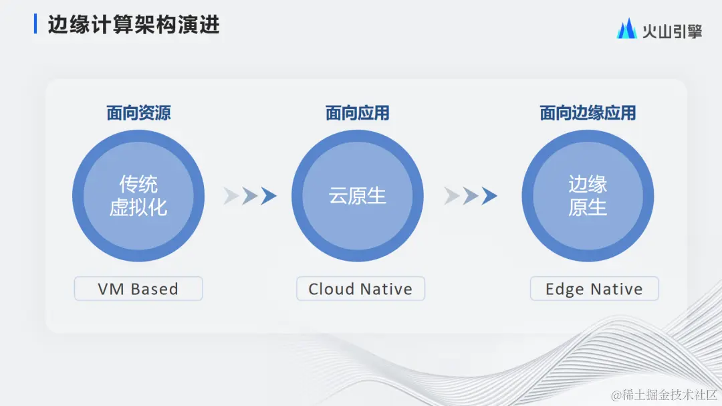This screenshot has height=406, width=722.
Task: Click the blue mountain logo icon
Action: coord(626,28)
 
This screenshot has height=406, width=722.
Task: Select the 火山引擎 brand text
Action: coord(672,30)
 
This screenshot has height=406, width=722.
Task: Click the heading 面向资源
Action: coord(138,113)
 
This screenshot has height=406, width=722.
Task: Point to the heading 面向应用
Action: coord(358,113)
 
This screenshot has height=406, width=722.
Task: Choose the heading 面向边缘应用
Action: coord(588,113)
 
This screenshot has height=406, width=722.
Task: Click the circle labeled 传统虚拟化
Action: coord(138,196)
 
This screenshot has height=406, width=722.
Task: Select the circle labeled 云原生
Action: coord(358,196)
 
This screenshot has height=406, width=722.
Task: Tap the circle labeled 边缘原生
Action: coord(588,196)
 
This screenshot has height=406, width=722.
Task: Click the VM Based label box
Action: coord(138,289)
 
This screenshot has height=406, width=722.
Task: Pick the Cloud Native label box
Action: coord(360,289)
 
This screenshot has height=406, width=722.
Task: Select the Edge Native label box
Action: coord(594,289)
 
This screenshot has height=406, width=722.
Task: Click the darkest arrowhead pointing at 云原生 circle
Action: coord(269,196)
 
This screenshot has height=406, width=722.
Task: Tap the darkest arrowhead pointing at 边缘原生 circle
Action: coord(489,196)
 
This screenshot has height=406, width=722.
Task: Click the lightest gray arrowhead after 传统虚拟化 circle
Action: coord(231,196)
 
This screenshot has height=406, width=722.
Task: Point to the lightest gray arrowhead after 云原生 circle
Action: coord(451,196)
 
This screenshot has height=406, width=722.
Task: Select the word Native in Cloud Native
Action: coord(386,289)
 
